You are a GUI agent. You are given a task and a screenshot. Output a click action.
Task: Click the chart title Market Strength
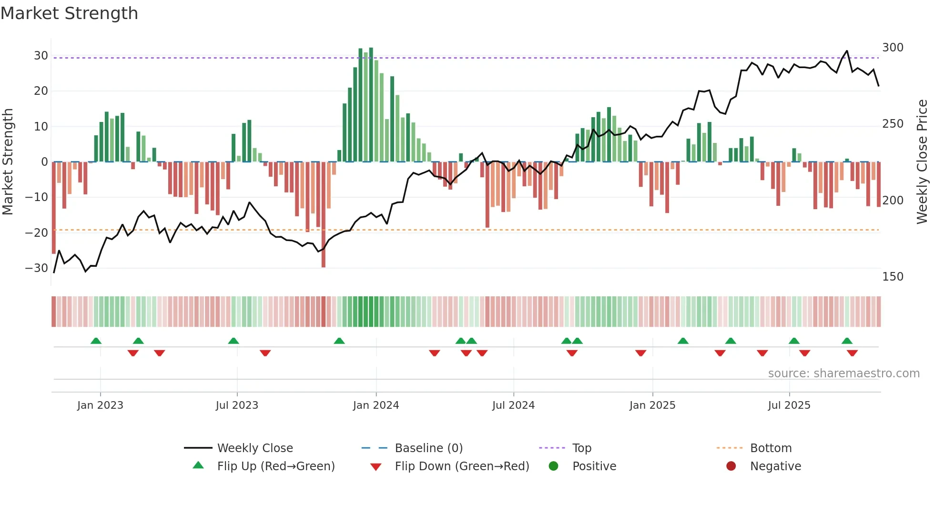(69, 13)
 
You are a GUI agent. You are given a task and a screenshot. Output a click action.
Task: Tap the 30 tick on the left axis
(41, 56)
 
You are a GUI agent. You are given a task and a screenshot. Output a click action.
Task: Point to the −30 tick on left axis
(37, 268)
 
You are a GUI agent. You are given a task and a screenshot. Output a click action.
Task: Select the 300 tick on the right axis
(893, 48)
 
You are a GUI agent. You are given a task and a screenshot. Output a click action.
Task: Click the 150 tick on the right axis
(893, 277)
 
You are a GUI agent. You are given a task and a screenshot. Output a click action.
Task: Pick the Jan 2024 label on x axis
(376, 405)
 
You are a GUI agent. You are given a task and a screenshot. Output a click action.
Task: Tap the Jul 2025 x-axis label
(789, 405)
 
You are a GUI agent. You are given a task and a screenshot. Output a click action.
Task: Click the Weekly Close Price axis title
(922, 162)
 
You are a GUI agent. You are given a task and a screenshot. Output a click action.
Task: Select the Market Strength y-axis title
(8, 162)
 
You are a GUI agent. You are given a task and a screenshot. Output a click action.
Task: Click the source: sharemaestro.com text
(843, 374)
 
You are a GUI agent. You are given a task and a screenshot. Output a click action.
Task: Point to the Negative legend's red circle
(731, 466)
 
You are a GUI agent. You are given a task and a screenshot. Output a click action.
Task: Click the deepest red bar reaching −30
(324, 214)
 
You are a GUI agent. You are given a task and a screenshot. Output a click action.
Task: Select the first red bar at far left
(54, 207)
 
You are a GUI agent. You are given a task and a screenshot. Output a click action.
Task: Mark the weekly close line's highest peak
(847, 51)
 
